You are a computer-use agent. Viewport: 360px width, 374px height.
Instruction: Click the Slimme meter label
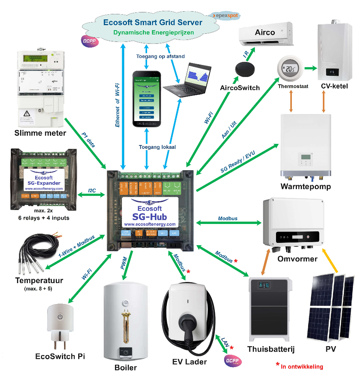tap(40, 133)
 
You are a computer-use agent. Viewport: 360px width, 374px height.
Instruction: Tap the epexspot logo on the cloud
tap(225, 16)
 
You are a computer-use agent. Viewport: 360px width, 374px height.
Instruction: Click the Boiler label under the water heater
tap(126, 367)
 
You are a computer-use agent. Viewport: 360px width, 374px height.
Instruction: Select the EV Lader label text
tap(190, 362)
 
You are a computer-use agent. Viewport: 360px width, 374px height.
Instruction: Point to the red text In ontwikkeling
tap(302, 366)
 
